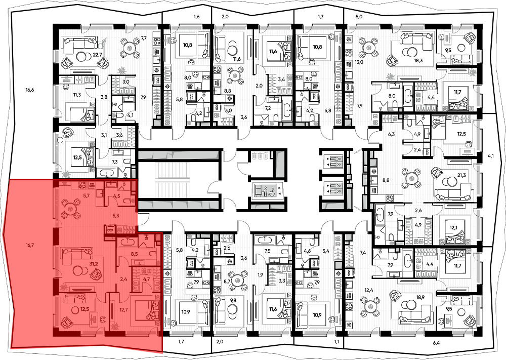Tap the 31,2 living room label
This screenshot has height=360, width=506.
(94, 264)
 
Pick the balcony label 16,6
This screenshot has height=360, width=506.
(30, 90)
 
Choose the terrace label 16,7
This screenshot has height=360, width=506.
(30, 245)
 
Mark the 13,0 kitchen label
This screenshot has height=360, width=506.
(359, 62)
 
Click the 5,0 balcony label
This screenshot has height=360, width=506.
(359, 17)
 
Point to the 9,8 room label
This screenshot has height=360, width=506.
(233, 300)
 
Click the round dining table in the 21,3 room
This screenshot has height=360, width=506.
(411, 177)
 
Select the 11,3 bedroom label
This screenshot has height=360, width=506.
(77, 95)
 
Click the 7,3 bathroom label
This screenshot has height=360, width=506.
(115, 162)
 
